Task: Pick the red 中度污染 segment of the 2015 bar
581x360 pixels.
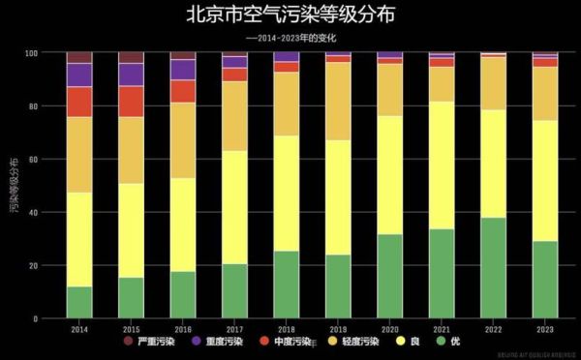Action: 131,102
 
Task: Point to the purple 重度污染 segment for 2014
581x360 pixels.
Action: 79,75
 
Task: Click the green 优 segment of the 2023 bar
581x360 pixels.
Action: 545,280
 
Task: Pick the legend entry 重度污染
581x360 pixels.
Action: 221,342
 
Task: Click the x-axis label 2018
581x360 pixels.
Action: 287,329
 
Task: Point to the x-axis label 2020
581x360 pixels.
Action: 390,329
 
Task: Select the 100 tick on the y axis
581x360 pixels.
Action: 32,52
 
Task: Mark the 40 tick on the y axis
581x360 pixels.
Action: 34,212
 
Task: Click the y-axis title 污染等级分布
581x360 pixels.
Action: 13,184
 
